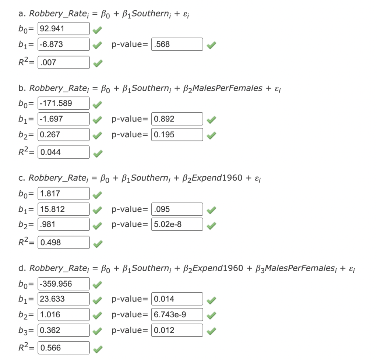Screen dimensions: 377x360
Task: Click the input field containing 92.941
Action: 63,29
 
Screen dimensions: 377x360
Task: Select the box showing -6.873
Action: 63,44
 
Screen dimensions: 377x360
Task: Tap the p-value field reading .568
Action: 177,44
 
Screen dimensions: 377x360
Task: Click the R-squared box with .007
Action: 63,63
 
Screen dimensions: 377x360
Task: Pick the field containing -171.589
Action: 63,103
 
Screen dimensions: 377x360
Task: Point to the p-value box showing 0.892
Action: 177,119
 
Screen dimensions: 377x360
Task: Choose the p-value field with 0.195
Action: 177,135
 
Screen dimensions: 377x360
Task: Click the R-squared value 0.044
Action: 63,152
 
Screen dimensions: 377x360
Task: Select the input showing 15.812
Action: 63,209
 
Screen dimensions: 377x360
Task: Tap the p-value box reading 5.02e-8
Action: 177,224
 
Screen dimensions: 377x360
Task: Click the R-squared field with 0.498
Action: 63,243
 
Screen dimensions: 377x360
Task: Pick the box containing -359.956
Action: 63,284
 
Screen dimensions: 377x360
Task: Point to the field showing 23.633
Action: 63,299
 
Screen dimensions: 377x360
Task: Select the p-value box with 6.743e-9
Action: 177,315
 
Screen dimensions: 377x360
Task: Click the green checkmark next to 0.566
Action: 98,349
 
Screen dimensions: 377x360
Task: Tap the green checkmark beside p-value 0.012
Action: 211,331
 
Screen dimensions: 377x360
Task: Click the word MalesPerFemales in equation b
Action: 228,88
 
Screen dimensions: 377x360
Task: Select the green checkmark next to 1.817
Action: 97,195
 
